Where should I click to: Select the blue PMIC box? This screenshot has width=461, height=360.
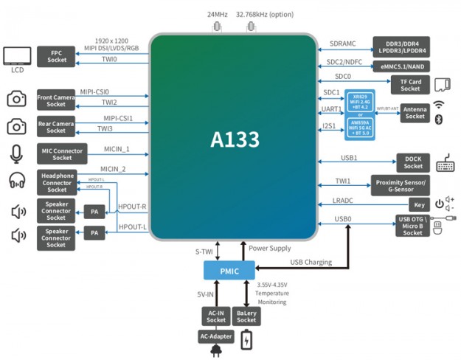point(228,271)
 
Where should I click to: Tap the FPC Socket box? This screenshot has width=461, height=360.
point(57,56)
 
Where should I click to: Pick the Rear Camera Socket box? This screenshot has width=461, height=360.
point(57,127)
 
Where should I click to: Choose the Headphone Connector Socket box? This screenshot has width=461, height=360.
point(57,182)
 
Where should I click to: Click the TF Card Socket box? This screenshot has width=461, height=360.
point(410,85)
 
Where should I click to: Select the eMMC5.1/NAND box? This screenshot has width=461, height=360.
point(402,66)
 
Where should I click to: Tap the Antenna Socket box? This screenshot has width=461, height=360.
point(415,113)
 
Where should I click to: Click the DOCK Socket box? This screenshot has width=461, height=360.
point(413,162)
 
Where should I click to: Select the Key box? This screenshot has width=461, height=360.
point(419,205)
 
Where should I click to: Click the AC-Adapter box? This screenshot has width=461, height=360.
point(216,336)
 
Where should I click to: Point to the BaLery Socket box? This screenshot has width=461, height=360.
point(246,316)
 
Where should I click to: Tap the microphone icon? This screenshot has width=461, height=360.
point(16,153)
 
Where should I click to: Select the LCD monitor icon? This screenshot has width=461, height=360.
point(17,56)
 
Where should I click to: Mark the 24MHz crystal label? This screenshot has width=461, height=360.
point(217,14)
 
